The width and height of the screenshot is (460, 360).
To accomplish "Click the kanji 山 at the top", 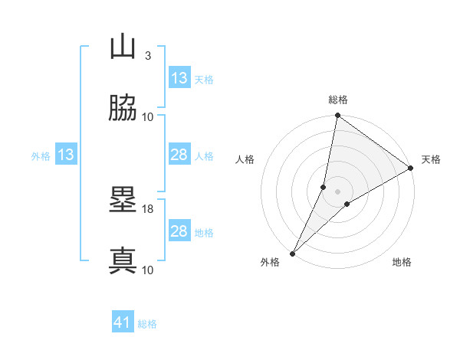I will click(x=123, y=48).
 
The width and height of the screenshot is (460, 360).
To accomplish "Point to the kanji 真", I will click(x=123, y=260).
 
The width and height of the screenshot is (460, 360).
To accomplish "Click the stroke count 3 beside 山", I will click(x=148, y=56).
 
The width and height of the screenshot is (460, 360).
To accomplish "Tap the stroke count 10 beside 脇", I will click(x=148, y=116).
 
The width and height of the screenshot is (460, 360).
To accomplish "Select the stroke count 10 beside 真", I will click(x=148, y=270).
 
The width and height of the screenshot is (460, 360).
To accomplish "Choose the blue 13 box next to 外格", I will click(x=66, y=155).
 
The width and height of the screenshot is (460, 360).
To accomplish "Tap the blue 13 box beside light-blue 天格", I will click(x=179, y=78).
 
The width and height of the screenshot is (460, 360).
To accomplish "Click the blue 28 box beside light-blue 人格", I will click(x=179, y=155).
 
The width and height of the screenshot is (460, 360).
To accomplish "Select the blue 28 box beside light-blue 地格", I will click(x=179, y=232).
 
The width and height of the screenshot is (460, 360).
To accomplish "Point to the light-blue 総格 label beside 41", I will click(x=147, y=324).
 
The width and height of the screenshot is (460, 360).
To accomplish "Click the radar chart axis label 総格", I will click(x=338, y=100).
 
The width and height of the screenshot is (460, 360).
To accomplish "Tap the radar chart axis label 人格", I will click(x=245, y=159).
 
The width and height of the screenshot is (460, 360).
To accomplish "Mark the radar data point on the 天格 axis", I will click(x=411, y=169).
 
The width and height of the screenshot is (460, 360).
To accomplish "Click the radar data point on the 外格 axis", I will click(x=293, y=253).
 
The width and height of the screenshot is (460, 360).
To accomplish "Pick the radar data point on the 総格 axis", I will click(x=338, y=116).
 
